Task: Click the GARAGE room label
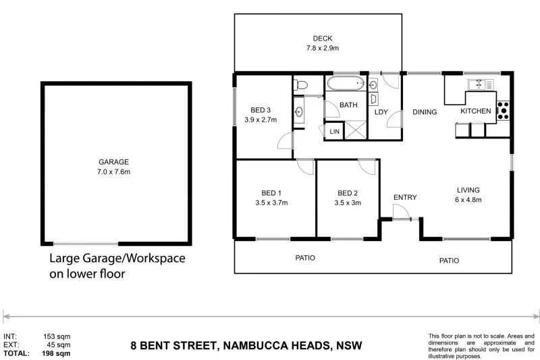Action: click(113, 162)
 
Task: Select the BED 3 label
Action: click(261, 110)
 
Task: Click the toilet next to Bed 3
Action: click(301, 84)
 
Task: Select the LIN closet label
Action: click(333, 131)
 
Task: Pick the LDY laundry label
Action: click(381, 112)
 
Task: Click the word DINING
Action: click(425, 112)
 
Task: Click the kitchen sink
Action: click(480, 84)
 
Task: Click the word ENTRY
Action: click(405, 197)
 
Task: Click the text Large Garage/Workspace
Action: click(117, 259)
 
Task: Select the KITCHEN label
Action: click(477, 111)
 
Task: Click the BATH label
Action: click(348, 105)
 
